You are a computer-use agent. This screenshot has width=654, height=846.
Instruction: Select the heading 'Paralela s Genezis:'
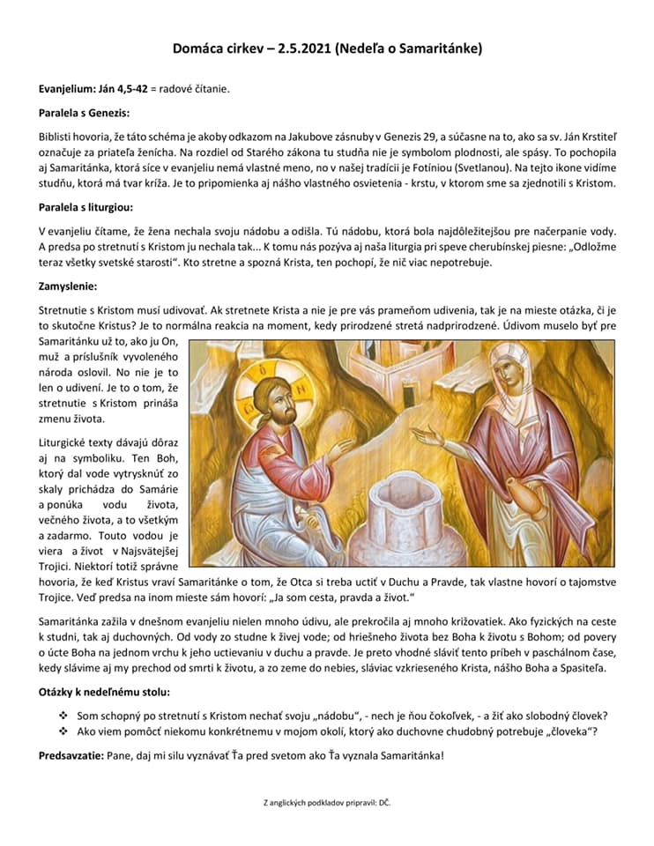coord(84,114)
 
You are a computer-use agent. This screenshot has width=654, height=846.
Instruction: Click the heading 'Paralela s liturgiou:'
coord(85,208)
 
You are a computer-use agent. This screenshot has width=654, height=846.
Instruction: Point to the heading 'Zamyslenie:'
coord(68,286)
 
